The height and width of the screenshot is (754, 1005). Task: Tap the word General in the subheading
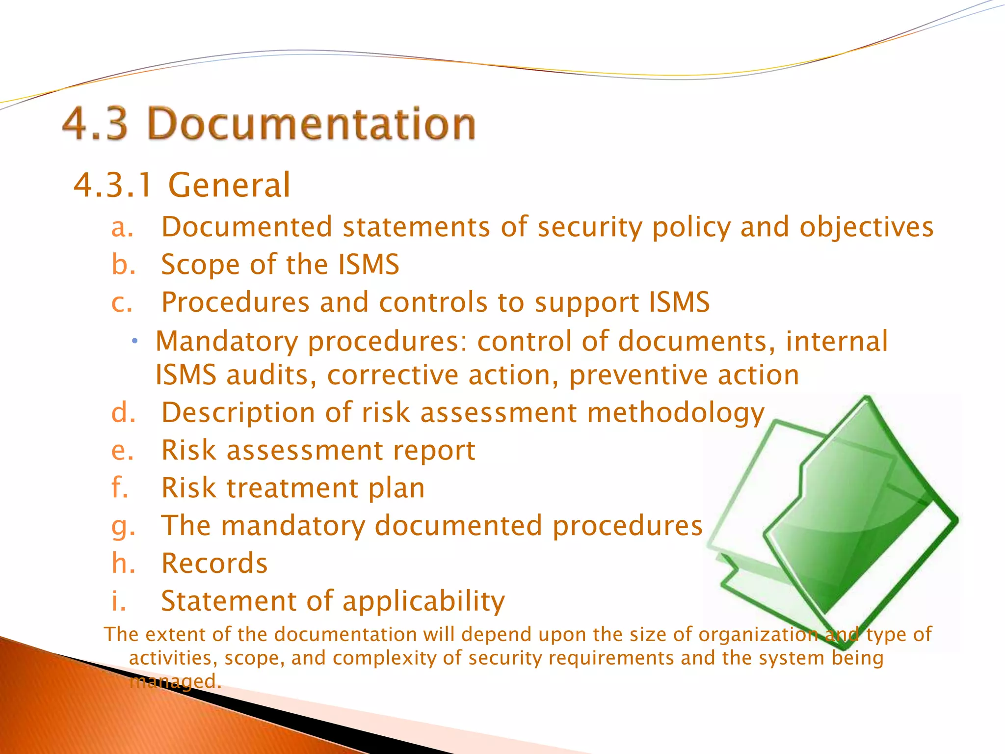229,186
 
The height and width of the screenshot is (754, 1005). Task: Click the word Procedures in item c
236,302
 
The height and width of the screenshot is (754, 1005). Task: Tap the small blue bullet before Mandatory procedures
135,341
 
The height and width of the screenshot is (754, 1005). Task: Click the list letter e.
122,451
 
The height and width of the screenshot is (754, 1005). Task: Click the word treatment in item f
292,488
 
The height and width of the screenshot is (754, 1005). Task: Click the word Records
214,564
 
